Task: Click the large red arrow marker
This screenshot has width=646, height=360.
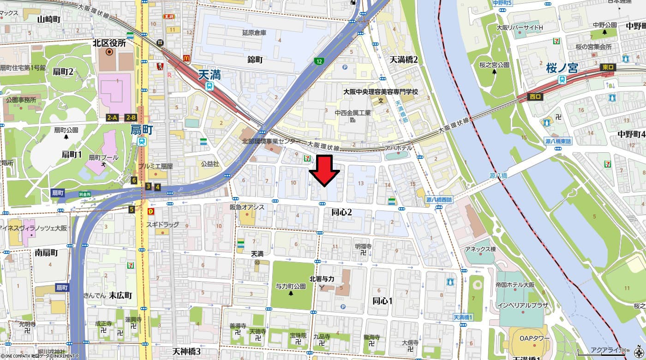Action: [324, 170]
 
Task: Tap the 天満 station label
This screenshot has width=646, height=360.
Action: [209, 75]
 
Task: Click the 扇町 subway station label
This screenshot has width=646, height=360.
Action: [142, 130]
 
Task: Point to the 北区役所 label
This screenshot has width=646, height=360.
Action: [109, 43]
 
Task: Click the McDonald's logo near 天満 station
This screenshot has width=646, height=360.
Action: [186, 58]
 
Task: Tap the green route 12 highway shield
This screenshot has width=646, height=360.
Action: [319, 61]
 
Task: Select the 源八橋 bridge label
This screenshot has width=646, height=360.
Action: [498, 176]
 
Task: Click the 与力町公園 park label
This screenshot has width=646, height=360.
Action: [291, 286]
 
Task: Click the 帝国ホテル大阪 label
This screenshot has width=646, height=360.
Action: [515, 285]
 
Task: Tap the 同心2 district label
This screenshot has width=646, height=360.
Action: [342, 212]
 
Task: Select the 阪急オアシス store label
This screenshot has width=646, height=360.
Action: [247, 207]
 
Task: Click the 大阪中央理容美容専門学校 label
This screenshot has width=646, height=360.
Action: [380, 92]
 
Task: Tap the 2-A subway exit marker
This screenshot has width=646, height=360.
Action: [112, 118]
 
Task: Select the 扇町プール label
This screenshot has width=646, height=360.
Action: [103, 157]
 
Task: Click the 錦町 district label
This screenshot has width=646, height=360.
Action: [255, 60]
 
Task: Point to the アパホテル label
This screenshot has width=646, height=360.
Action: [399, 148]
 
